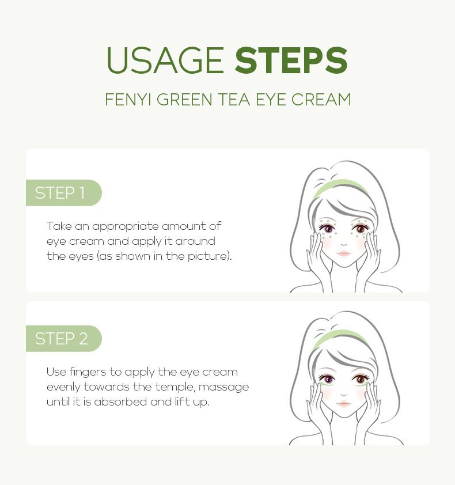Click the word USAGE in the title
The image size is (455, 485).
165,60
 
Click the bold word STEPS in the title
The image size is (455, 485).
291,60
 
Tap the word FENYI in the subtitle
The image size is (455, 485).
128,100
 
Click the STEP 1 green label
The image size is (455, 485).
64,193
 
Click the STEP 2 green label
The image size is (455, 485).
64,338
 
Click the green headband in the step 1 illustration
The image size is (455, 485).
340,187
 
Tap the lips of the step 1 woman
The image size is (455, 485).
344,253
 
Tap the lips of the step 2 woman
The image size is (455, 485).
344,404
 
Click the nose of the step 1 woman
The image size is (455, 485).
344,244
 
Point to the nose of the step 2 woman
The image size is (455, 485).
344,395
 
